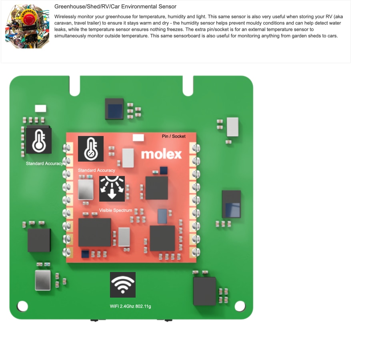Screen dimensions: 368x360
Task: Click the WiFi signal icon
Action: pos(123,285)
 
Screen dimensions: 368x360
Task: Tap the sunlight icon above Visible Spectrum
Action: pos(112,189)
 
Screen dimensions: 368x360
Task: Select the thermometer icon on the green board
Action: pos(39,141)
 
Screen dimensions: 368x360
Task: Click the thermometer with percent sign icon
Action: pos(90,149)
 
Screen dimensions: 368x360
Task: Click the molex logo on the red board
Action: pos(161,154)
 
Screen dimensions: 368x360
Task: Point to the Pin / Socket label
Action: pos(174,136)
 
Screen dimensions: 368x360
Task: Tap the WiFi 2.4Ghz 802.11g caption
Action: pos(130,306)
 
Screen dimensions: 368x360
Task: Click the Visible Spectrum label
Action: pos(116,210)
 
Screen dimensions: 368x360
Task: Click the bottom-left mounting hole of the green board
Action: pos(22,306)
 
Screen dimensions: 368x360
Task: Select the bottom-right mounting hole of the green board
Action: pos(240,306)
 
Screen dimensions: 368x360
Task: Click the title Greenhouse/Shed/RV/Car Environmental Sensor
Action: pos(115,6)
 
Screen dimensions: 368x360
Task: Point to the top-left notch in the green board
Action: pos(75,86)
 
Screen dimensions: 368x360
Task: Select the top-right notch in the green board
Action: pos(188,86)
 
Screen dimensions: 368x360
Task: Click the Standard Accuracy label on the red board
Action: pos(96,170)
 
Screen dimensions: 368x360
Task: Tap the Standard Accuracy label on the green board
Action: pos(44,164)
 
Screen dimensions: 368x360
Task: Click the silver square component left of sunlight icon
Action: pos(86,190)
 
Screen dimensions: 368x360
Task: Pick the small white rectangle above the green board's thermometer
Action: pos(41,108)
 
